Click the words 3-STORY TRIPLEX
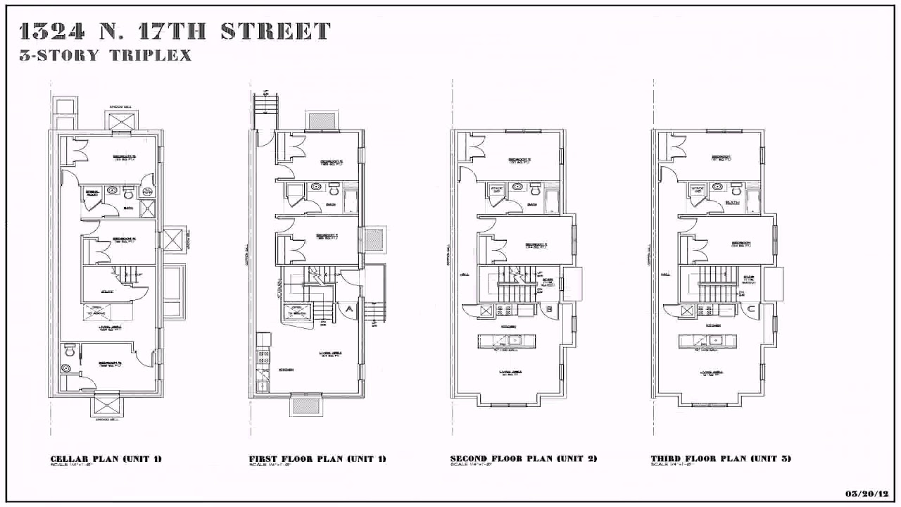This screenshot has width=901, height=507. point(106,56)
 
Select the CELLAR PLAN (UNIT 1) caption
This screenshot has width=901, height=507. point(106,459)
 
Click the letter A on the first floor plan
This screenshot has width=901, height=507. point(348,308)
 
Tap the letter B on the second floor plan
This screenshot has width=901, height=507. point(549,308)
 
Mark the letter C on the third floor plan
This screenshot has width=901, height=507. point(751,308)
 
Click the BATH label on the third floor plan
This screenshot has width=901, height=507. point(733,203)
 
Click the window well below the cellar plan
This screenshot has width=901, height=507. point(108,406)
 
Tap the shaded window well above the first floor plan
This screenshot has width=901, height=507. point(320,120)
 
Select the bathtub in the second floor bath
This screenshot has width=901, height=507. point(553,201)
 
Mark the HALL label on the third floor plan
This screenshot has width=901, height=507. point(665,274)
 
